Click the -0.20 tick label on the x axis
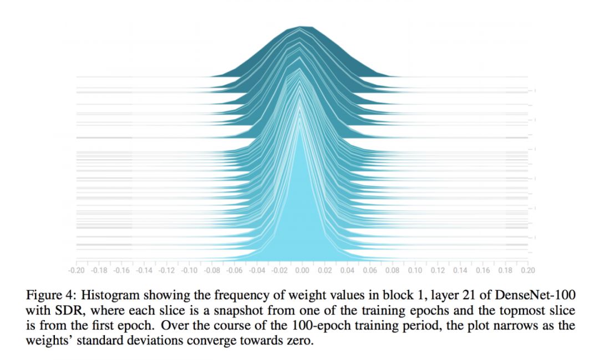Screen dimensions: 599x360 tap(76, 270)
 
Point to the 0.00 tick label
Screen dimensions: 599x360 tap(302, 270)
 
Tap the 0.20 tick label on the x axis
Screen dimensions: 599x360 tap(527, 270)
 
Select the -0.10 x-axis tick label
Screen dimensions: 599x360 tap(189, 270)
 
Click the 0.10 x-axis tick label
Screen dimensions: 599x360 tap(415, 270)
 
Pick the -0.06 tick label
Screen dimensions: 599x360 tap(234, 270)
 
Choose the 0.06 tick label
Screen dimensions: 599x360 tap(369, 270)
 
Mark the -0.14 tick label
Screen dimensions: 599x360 tap(144, 270)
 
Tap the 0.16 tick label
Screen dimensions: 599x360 tap(483, 270)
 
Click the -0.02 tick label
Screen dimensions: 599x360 tap(279, 270)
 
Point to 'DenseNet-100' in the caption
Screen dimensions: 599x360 tap(532, 295)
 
